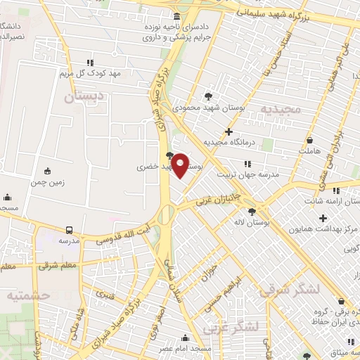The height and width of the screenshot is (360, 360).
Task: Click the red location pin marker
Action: point(181,165)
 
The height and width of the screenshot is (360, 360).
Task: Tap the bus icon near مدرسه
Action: point(69,230)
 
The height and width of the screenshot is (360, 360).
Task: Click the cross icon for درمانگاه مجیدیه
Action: point(229,131)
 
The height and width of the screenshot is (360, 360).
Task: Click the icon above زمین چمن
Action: point(47,171)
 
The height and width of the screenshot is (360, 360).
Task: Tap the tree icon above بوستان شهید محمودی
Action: point(208,96)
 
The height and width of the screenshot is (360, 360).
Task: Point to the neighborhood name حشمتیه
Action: point(28,295)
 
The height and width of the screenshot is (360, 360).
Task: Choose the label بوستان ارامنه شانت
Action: point(328,201)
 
